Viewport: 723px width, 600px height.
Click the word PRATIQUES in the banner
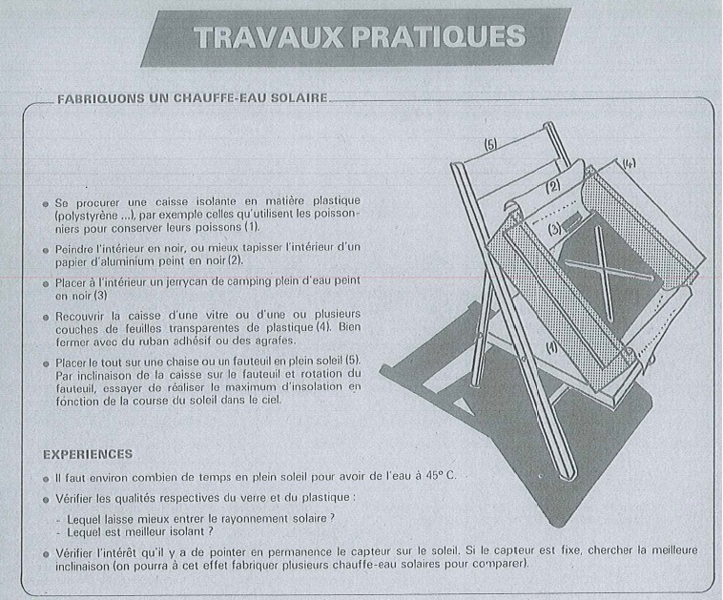pyautogui.click(x=439, y=36)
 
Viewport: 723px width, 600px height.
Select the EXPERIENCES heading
pyautogui.click(x=88, y=454)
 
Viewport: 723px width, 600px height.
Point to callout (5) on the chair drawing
pyautogui.click(x=490, y=145)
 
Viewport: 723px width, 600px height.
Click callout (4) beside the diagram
pyautogui.click(x=629, y=164)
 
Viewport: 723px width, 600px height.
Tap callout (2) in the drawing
pyautogui.click(x=553, y=186)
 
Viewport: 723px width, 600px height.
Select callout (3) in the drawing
pyautogui.click(x=555, y=228)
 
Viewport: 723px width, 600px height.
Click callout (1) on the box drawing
pyautogui.click(x=551, y=348)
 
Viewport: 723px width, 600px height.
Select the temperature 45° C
pyautogui.click(x=441, y=475)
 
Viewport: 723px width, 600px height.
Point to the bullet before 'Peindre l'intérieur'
pyautogui.click(x=46, y=250)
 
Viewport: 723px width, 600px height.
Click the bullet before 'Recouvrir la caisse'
pyautogui.click(x=46, y=318)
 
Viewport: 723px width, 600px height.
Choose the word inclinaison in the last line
pyautogui.click(x=81, y=565)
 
